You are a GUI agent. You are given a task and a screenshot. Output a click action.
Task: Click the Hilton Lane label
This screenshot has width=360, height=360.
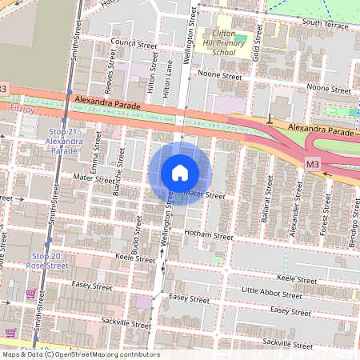(x=166, y=82)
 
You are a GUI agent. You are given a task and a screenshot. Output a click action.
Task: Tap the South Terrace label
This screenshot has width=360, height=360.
(x=322, y=24)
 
